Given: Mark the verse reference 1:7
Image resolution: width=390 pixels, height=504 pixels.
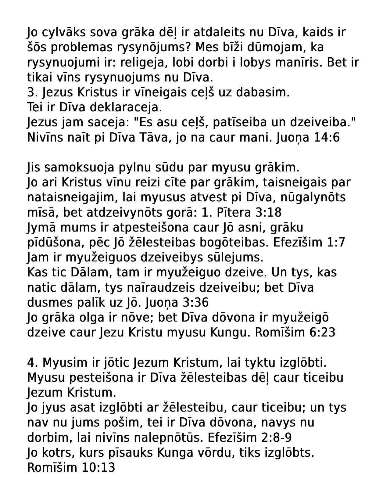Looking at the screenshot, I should click(336, 243).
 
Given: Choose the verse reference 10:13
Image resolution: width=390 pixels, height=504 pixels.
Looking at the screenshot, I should click(98, 468).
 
